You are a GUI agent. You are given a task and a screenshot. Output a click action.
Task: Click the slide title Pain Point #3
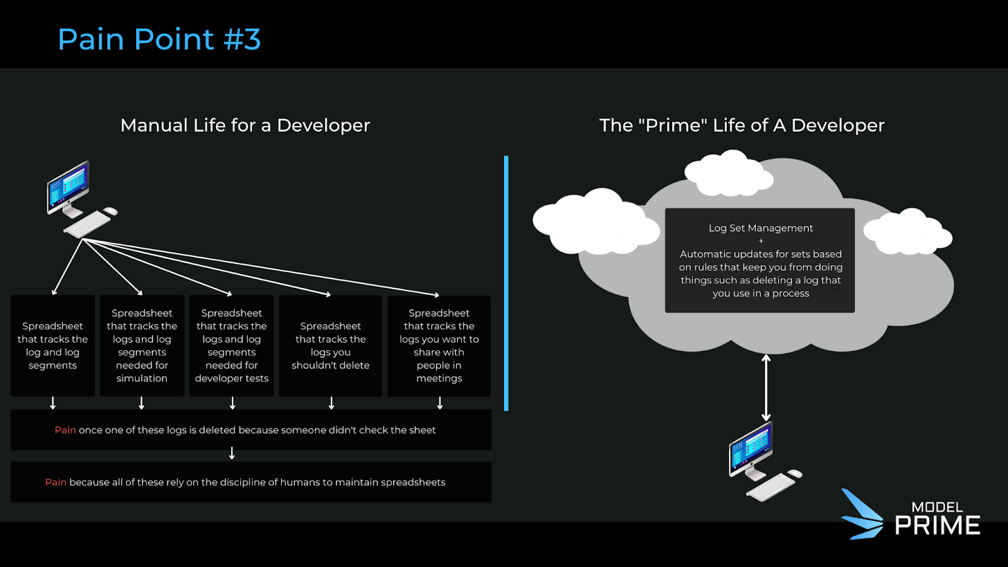point(159,39)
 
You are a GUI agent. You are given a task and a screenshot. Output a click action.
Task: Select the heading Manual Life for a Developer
point(245,125)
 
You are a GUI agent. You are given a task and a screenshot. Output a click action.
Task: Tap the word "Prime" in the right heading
point(673,125)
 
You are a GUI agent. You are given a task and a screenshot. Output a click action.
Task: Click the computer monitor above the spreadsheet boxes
point(68,187)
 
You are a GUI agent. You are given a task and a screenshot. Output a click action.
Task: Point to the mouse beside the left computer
point(111,211)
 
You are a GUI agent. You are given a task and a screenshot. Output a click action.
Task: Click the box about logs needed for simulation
point(142,346)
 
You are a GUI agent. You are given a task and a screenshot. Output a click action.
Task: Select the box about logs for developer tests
point(231,346)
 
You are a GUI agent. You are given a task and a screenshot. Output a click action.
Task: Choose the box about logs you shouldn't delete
point(330,346)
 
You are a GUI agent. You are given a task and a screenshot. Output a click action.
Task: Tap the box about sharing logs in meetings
point(438,346)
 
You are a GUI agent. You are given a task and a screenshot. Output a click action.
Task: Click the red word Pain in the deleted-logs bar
point(65,430)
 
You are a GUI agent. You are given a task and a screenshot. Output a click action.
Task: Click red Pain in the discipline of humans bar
point(55,483)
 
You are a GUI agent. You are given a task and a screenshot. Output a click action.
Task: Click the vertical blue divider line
point(506,283)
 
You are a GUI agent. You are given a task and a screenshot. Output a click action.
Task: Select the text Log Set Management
point(760,228)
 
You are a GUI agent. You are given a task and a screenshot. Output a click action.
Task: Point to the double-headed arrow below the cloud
point(766,387)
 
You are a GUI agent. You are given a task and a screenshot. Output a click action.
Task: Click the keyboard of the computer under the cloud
point(770,487)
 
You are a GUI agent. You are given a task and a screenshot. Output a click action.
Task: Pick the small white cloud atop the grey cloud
point(729,173)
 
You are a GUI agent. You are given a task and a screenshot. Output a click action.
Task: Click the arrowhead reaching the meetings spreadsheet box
point(436,294)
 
